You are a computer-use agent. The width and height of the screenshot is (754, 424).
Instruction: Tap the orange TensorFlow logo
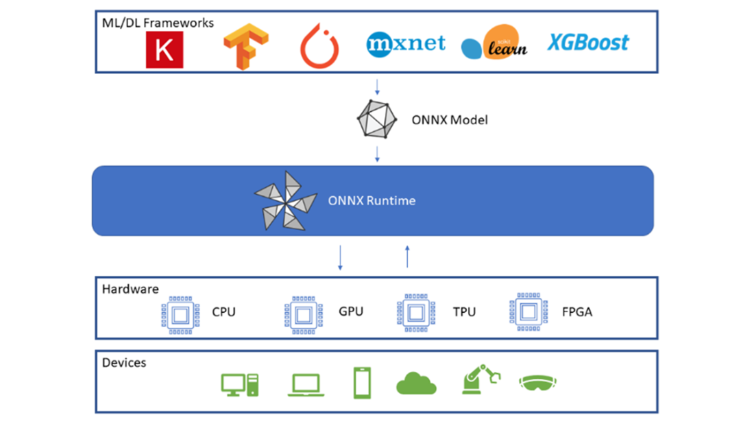coord(245,47)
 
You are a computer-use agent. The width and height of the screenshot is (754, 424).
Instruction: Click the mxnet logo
coord(406,43)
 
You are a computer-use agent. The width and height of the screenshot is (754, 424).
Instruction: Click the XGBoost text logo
coord(587,43)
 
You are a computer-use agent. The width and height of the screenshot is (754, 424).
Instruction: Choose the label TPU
coord(465,311)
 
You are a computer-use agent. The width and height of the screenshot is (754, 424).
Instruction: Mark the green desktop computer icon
coord(240,384)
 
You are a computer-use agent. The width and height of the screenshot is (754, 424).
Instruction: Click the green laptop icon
coord(306,385)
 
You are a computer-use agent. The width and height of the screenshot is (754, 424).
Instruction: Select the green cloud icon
coord(416,383)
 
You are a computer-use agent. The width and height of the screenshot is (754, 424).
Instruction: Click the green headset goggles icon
coord(539,382)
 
